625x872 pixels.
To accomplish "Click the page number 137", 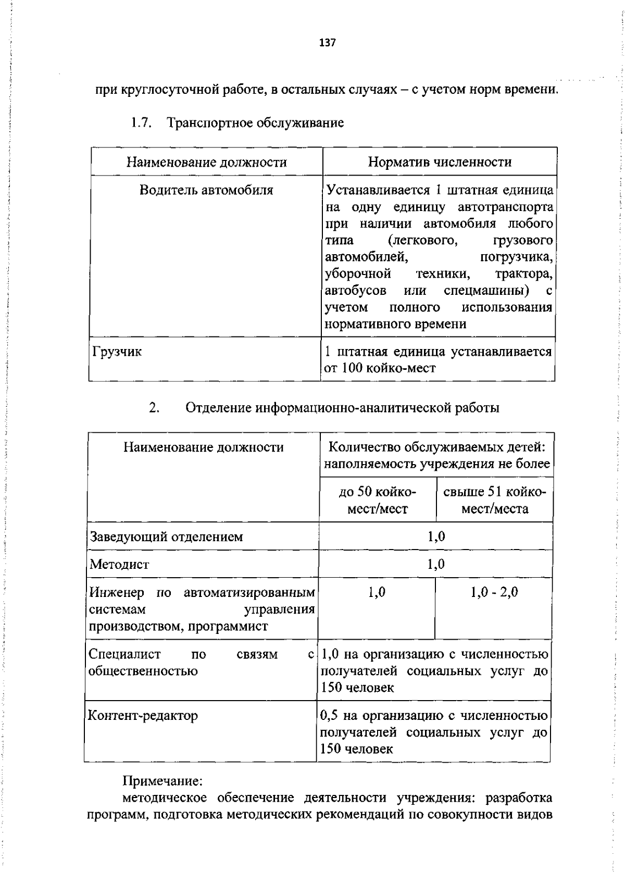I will (328, 43).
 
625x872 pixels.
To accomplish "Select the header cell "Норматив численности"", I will (439, 162).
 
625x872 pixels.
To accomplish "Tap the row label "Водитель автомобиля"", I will (206, 190).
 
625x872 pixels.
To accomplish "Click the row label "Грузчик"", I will (116, 352).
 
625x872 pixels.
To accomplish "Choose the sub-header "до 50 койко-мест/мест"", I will (377, 500).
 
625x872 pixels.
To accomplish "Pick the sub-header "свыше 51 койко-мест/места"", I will (494, 500).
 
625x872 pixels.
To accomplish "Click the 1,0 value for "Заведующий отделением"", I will (436, 537).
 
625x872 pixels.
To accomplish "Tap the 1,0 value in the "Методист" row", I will (436, 564).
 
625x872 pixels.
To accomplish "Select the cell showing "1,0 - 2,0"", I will (494, 592).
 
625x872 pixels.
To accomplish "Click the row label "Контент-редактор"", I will (143, 716).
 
